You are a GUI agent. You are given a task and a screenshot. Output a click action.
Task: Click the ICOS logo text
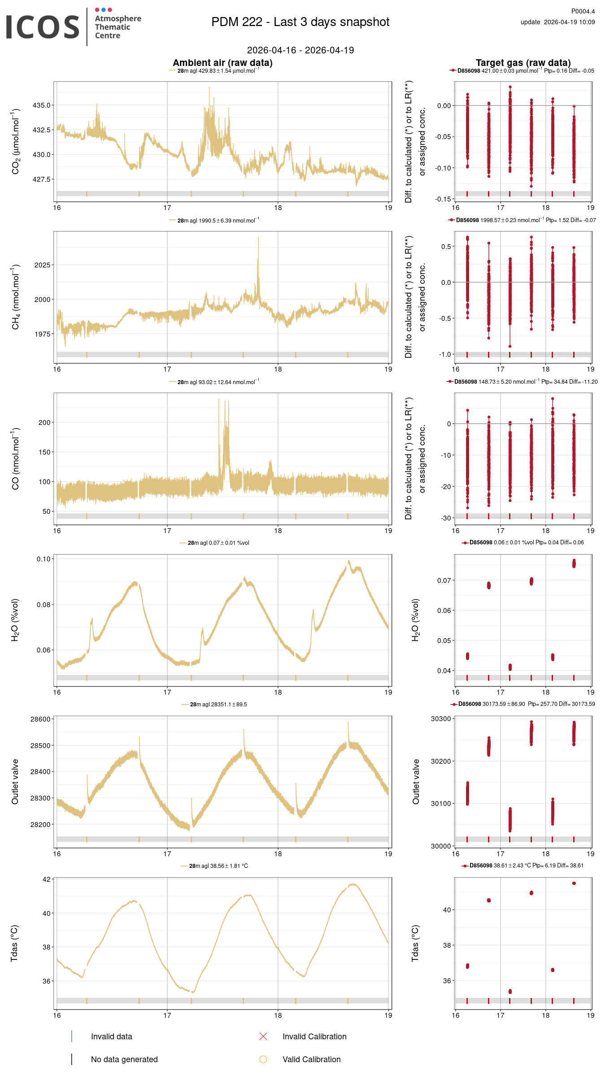(43, 27)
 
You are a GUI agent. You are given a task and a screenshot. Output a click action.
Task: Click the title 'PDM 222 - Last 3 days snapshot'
(300, 22)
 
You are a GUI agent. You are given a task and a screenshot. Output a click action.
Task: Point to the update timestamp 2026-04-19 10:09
(569, 22)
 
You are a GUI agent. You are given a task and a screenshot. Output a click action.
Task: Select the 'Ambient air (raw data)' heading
(222, 63)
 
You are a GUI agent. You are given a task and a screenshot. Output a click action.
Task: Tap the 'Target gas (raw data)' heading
(523, 63)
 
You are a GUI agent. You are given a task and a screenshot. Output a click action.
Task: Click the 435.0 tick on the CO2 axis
(42, 105)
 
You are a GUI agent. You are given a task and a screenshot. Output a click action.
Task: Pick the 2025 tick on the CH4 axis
(43, 265)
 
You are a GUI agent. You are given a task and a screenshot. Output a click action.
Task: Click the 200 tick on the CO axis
(44, 422)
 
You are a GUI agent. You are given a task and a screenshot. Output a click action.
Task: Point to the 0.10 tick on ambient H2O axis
(44, 559)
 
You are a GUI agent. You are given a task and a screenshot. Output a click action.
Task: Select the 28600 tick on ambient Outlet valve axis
(40, 719)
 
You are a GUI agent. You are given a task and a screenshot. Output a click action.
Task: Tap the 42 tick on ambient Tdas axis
(47, 879)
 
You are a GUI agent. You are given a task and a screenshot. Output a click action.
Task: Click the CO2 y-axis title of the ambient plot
(16, 141)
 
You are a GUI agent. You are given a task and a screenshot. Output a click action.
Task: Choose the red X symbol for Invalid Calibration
(263, 1036)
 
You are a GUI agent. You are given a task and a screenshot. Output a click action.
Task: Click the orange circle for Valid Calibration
(263, 1059)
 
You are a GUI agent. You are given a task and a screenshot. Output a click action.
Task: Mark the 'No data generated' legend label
(124, 1059)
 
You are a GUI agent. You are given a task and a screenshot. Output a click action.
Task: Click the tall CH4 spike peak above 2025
(258, 238)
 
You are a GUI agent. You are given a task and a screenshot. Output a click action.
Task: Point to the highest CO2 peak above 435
(209, 88)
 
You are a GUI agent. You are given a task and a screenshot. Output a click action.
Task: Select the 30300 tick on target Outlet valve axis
(440, 719)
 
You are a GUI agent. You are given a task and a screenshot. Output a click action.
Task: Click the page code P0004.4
(583, 11)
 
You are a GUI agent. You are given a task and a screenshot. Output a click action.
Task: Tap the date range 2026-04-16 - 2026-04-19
(300, 50)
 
